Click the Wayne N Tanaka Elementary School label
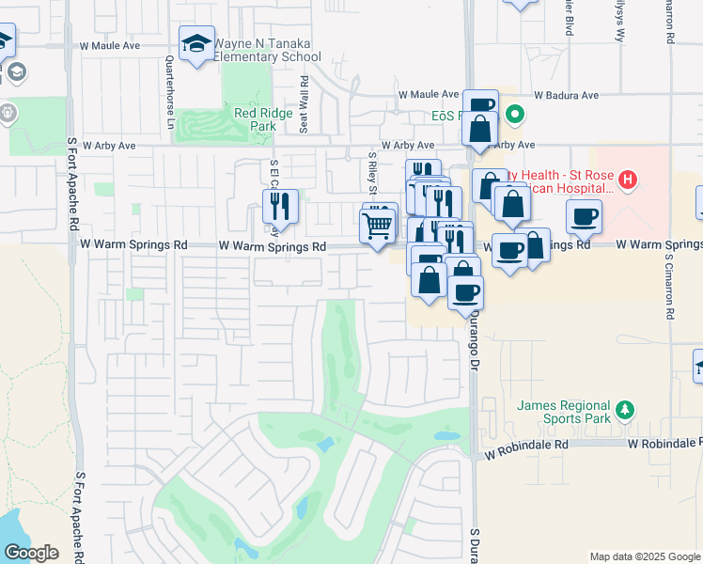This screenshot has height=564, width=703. click(x=267, y=50)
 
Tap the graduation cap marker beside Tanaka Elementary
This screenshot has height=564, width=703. click(x=196, y=44)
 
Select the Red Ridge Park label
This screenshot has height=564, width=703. click(x=258, y=119)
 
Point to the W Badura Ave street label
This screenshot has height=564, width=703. click(x=566, y=95)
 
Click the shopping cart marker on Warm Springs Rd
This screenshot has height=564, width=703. click(x=377, y=226)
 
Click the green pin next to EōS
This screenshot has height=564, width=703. click(x=514, y=117)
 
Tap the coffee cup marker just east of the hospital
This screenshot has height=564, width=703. click(x=584, y=216)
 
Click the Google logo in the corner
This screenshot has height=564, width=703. click(x=31, y=553)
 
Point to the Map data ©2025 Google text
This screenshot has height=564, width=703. click(x=645, y=556)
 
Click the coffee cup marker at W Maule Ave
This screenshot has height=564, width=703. click(x=479, y=104)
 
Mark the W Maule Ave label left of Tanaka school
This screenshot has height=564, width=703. click(x=110, y=44)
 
